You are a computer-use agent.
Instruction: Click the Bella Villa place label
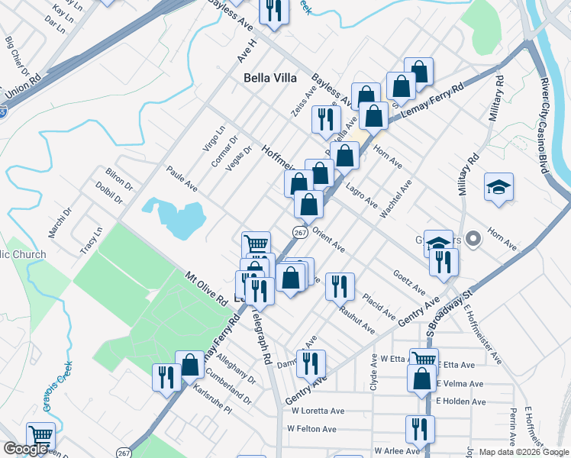click(x=272, y=77)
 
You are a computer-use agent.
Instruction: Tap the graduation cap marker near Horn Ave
click(x=498, y=188)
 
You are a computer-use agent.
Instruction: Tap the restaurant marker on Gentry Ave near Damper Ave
click(x=311, y=363)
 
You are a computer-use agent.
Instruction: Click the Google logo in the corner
click(x=25, y=449)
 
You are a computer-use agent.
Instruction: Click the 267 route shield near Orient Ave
click(x=298, y=231)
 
